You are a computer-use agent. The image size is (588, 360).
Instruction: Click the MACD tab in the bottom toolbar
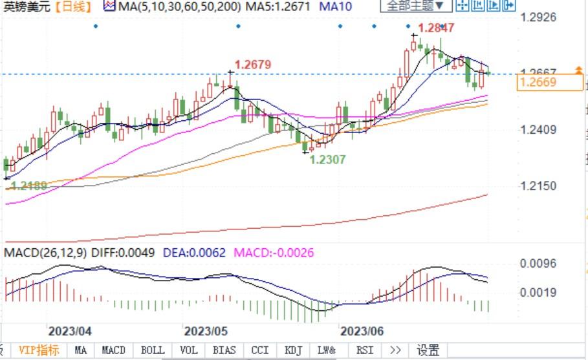(x=114, y=350)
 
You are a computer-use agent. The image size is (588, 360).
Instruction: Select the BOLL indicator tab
(x=153, y=350)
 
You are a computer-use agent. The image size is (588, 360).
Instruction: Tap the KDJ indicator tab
(x=294, y=350)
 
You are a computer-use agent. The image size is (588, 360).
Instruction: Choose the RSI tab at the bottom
(x=365, y=350)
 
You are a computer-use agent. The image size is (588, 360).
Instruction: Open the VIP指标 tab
(x=39, y=350)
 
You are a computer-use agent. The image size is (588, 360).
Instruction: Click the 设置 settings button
(x=428, y=350)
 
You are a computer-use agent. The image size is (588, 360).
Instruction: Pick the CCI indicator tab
(x=260, y=350)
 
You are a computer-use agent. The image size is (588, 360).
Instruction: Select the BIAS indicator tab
(x=224, y=350)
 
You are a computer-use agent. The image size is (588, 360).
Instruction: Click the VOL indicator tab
(x=188, y=350)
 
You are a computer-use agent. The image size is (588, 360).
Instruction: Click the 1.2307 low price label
(x=327, y=159)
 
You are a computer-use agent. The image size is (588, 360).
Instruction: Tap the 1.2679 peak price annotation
(x=252, y=65)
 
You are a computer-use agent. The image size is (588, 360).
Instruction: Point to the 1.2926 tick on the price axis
(x=538, y=17)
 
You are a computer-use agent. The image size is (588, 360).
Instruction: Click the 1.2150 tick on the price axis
(x=538, y=186)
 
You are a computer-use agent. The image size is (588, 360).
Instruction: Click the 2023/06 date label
(x=362, y=332)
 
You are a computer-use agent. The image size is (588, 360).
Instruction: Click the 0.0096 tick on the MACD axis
(x=538, y=264)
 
